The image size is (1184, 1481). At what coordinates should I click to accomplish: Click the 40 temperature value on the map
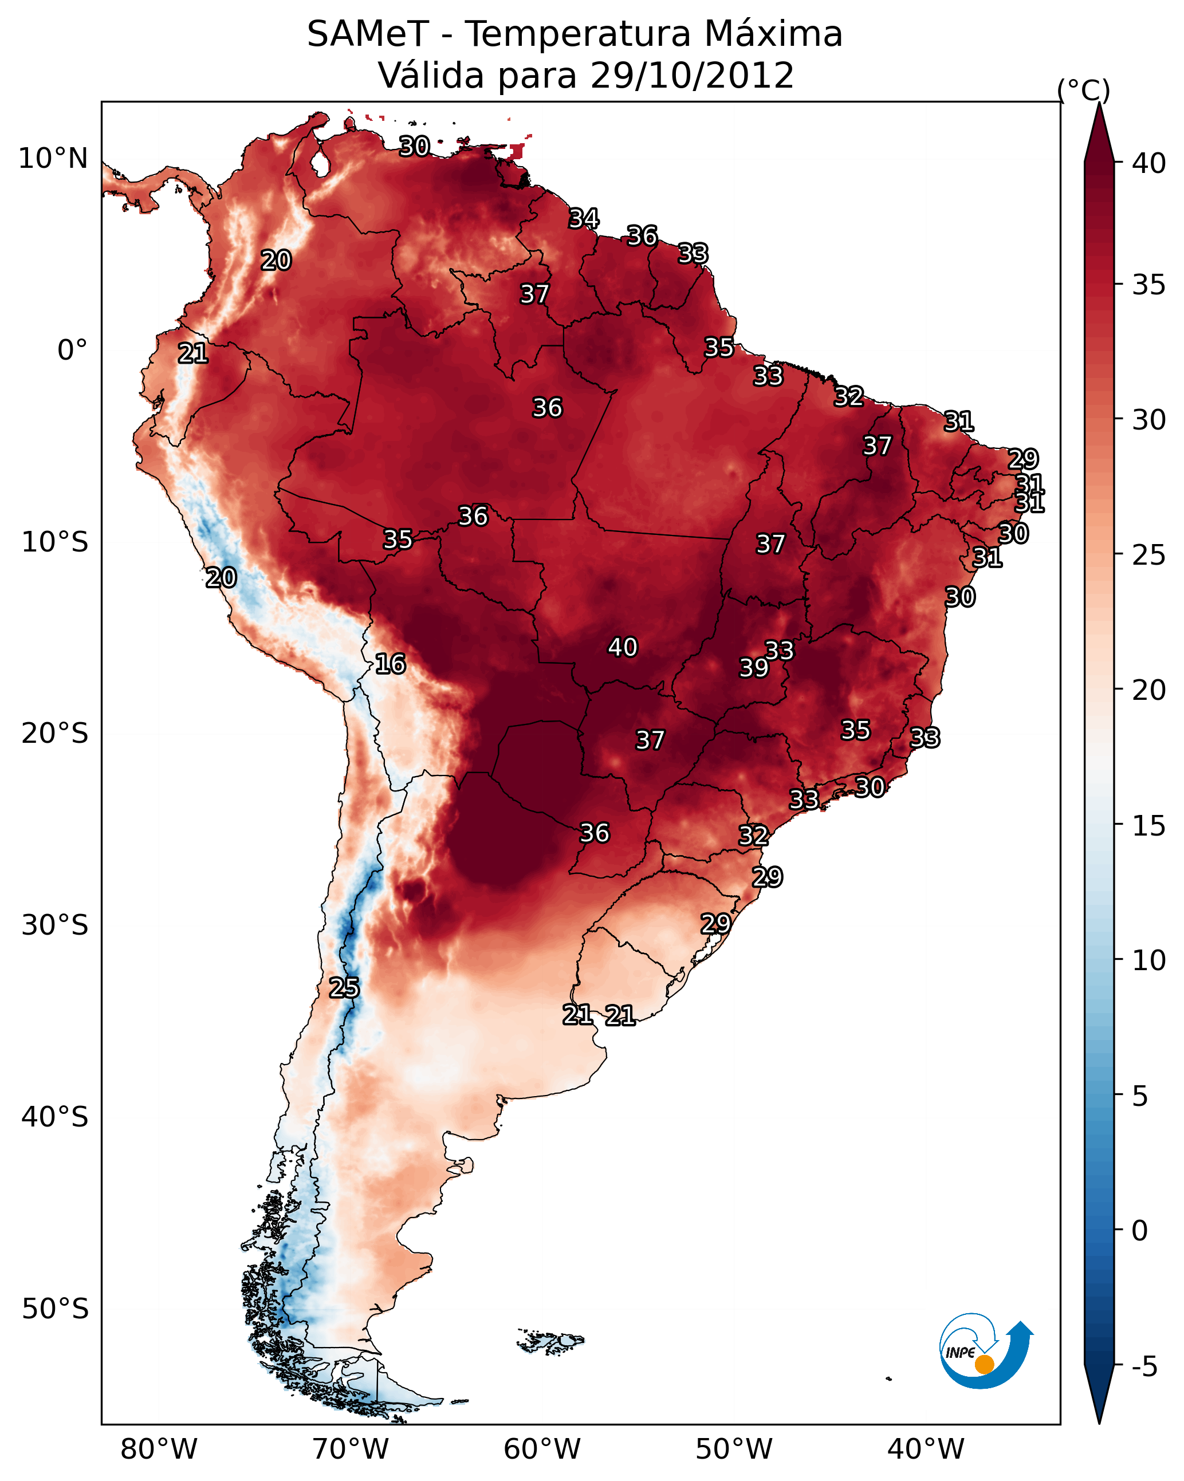pyautogui.click(x=623, y=647)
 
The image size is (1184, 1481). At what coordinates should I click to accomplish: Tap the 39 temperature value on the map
pyautogui.click(x=754, y=668)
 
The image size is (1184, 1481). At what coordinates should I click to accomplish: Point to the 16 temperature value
pyautogui.click(x=390, y=664)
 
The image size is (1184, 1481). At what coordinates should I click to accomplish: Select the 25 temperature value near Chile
pyautogui.click(x=344, y=988)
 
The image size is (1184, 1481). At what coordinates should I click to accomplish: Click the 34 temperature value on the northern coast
pyautogui.click(x=584, y=218)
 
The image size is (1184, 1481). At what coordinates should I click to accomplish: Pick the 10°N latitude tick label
pyautogui.click(x=53, y=159)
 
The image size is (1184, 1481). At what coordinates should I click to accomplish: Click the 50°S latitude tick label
pyautogui.click(x=55, y=1309)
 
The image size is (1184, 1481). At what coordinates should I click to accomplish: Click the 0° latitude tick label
pyautogui.click(x=72, y=350)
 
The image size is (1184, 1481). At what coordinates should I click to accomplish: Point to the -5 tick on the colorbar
pyautogui.click(x=1144, y=1367)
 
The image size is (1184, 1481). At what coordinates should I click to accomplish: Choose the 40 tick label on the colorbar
pyautogui.click(x=1149, y=163)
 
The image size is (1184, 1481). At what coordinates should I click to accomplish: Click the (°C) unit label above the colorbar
pyautogui.click(x=1084, y=90)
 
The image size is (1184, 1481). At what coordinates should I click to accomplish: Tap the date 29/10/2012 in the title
pyautogui.click(x=692, y=76)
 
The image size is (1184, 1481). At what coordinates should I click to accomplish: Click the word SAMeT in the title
pyautogui.click(x=368, y=34)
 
